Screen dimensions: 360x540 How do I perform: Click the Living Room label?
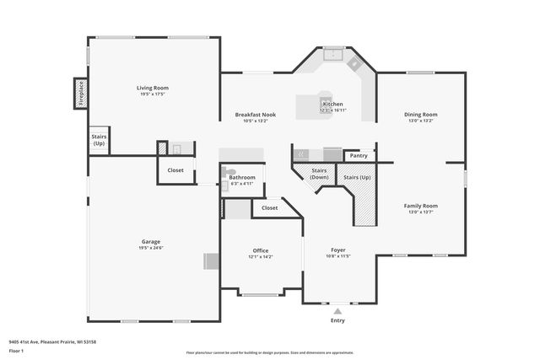click(x=154, y=88)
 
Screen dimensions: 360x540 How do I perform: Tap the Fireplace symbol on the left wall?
click(x=79, y=94)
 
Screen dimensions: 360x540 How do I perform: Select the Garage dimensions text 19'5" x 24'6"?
click(x=151, y=248)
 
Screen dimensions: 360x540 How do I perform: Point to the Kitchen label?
click(x=332, y=105)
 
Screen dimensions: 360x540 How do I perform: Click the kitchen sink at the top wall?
click(x=334, y=56)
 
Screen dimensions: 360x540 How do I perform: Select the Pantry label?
click(x=359, y=155)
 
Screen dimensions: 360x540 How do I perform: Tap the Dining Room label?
click(x=420, y=114)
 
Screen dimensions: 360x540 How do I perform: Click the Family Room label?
click(x=420, y=206)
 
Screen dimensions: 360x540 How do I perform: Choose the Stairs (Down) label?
click(x=319, y=174)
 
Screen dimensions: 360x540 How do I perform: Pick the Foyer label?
click(x=338, y=250)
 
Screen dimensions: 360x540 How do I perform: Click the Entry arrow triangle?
click(x=337, y=312)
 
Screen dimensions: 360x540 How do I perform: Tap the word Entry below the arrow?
click(x=337, y=320)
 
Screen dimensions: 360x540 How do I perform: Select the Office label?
click(x=261, y=250)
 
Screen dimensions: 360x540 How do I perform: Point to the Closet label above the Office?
click(x=269, y=207)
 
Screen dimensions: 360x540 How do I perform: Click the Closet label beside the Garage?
click(x=175, y=170)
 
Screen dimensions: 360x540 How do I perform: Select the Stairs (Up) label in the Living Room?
click(x=100, y=141)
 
